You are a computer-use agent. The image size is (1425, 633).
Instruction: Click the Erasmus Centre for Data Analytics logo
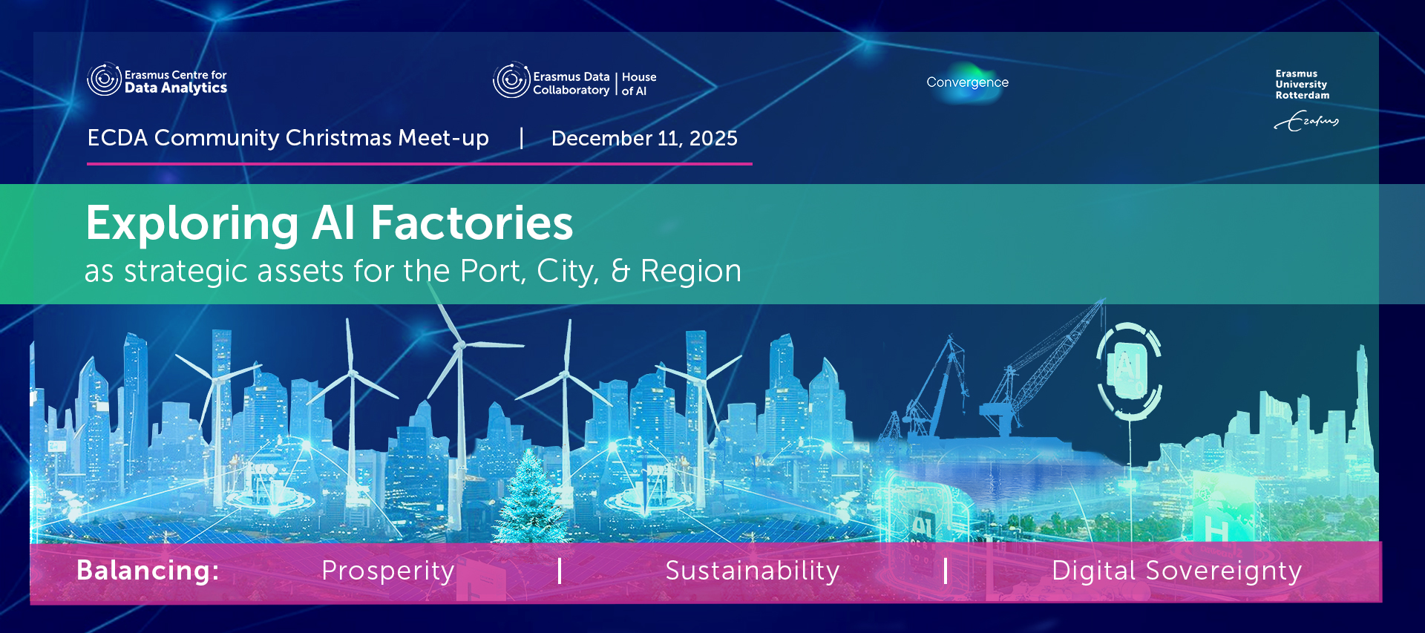[x=157, y=80]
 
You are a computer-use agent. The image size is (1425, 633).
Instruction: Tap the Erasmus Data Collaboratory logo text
[x=571, y=83]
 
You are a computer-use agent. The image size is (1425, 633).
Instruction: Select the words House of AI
[x=639, y=84]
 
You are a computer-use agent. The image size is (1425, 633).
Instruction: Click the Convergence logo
[x=967, y=82]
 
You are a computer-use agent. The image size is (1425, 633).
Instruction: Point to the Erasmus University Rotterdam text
[x=1303, y=85]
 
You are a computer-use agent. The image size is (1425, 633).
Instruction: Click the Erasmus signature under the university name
[x=1306, y=121]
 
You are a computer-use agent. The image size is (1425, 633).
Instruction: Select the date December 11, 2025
[x=644, y=138]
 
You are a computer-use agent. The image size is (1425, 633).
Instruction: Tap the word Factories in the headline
[x=472, y=223]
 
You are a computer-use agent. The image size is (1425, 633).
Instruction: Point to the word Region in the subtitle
[x=691, y=272]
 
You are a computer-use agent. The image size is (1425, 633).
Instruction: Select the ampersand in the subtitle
[x=620, y=271]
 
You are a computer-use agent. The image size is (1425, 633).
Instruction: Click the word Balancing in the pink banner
[x=148, y=571]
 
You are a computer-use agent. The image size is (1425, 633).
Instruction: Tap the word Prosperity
[x=388, y=571]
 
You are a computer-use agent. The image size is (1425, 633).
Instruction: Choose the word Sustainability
[x=753, y=571]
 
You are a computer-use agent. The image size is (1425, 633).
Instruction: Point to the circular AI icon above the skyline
[x=1129, y=370]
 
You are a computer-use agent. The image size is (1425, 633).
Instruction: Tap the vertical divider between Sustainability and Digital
[x=946, y=571]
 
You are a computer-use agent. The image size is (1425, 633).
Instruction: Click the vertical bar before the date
[x=522, y=138]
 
